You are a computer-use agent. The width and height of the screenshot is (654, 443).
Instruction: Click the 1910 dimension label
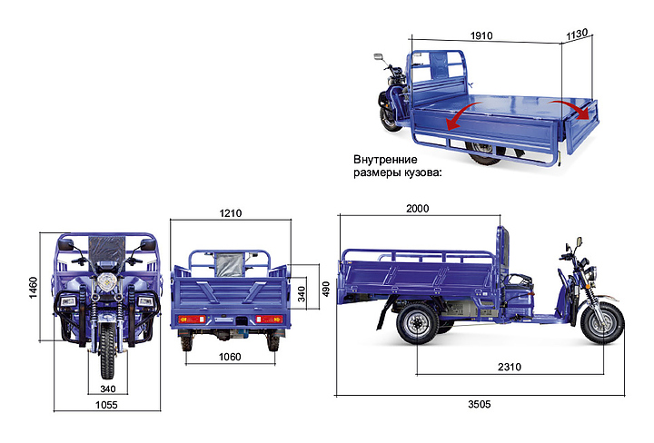coord(481,35)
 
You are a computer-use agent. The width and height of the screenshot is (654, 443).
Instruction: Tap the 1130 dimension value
coord(577,34)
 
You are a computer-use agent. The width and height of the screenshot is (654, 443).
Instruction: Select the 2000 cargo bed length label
coord(418,209)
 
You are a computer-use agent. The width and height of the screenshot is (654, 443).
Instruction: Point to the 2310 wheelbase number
coord(510,367)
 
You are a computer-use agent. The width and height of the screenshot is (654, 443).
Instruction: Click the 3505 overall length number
coord(480,404)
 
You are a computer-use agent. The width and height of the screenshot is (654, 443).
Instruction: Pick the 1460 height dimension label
coord(34,288)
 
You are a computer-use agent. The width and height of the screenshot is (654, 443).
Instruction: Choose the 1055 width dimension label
coord(106,405)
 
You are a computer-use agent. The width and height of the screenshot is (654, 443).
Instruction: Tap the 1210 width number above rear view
coord(231,213)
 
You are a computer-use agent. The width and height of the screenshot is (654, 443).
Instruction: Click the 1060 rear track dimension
coord(230,357)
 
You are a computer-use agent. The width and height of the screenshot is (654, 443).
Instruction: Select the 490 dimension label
coord(326,290)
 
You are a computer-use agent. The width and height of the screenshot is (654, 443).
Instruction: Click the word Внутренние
coord(385,160)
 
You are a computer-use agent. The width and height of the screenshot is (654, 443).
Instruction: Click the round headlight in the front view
coord(106,281)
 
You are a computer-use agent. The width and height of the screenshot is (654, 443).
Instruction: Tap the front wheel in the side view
coord(602,323)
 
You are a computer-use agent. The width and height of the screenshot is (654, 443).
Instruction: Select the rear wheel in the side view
coord(418,324)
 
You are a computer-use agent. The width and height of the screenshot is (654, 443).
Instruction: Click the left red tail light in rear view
coord(192,320)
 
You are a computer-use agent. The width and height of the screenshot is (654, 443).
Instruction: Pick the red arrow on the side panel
coord(463,115)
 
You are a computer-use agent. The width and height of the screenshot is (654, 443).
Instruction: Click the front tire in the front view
coord(107,350)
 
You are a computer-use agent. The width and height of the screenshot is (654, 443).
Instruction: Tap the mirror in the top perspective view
coord(379,56)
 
